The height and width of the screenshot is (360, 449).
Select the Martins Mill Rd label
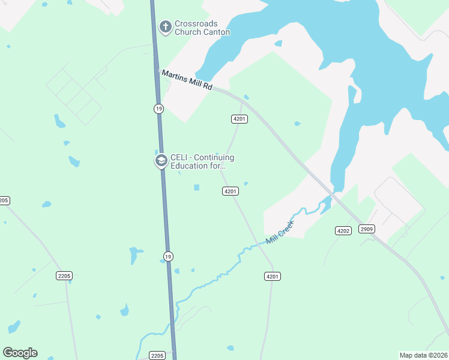(187, 79)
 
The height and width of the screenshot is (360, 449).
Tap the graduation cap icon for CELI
(161, 160)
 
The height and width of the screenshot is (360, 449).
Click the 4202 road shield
(343, 230)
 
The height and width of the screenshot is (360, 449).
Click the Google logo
(20, 353)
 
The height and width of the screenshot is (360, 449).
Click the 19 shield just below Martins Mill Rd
(158, 109)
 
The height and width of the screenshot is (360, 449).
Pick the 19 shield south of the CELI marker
(169, 255)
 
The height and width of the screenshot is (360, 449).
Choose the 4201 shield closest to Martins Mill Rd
(240, 119)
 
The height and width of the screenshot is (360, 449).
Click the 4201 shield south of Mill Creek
(272, 276)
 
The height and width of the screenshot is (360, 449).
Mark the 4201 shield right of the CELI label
(231, 191)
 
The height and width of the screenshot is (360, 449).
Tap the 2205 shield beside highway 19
(157, 356)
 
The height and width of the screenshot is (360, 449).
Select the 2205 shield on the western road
(64, 276)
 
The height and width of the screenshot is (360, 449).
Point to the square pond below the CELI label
(196, 188)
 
